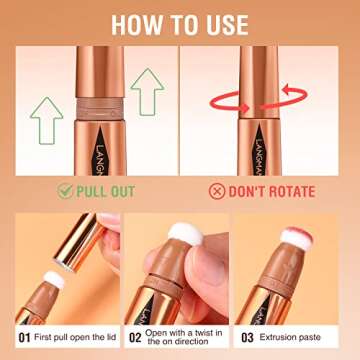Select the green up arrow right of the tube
(147, 96)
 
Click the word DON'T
(252, 191)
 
